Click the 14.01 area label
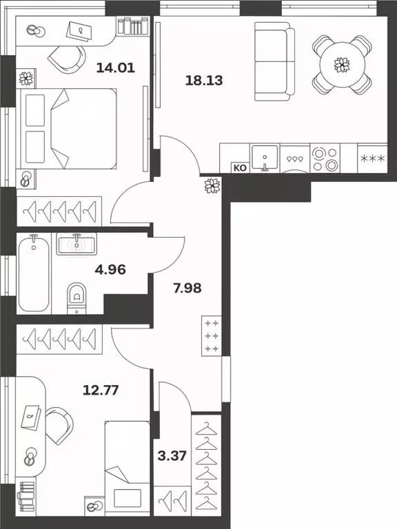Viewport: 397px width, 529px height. (116, 68)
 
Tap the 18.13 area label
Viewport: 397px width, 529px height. (204, 81)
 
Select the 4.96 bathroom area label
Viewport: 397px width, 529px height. (110, 269)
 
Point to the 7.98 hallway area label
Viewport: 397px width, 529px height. (187, 288)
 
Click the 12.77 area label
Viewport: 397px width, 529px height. (101, 391)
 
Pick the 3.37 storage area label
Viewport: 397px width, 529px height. (172, 456)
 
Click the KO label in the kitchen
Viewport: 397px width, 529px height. (240, 167)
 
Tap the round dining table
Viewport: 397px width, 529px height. (343, 65)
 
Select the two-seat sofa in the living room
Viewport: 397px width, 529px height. (274, 61)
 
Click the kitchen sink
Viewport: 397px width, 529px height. (265, 158)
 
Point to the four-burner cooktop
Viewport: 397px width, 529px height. (325, 158)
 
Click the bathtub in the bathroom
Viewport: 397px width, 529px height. (34, 273)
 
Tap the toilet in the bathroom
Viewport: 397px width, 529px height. (77, 298)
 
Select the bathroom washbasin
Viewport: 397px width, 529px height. (77, 244)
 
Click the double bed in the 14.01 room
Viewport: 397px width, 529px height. (68, 129)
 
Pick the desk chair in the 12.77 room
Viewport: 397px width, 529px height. (60, 424)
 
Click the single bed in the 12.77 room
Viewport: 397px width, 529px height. (128, 468)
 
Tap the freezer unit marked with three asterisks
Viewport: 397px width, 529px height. (372, 158)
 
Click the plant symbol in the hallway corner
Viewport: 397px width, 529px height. (213, 186)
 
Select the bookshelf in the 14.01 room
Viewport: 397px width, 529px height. (132, 25)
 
